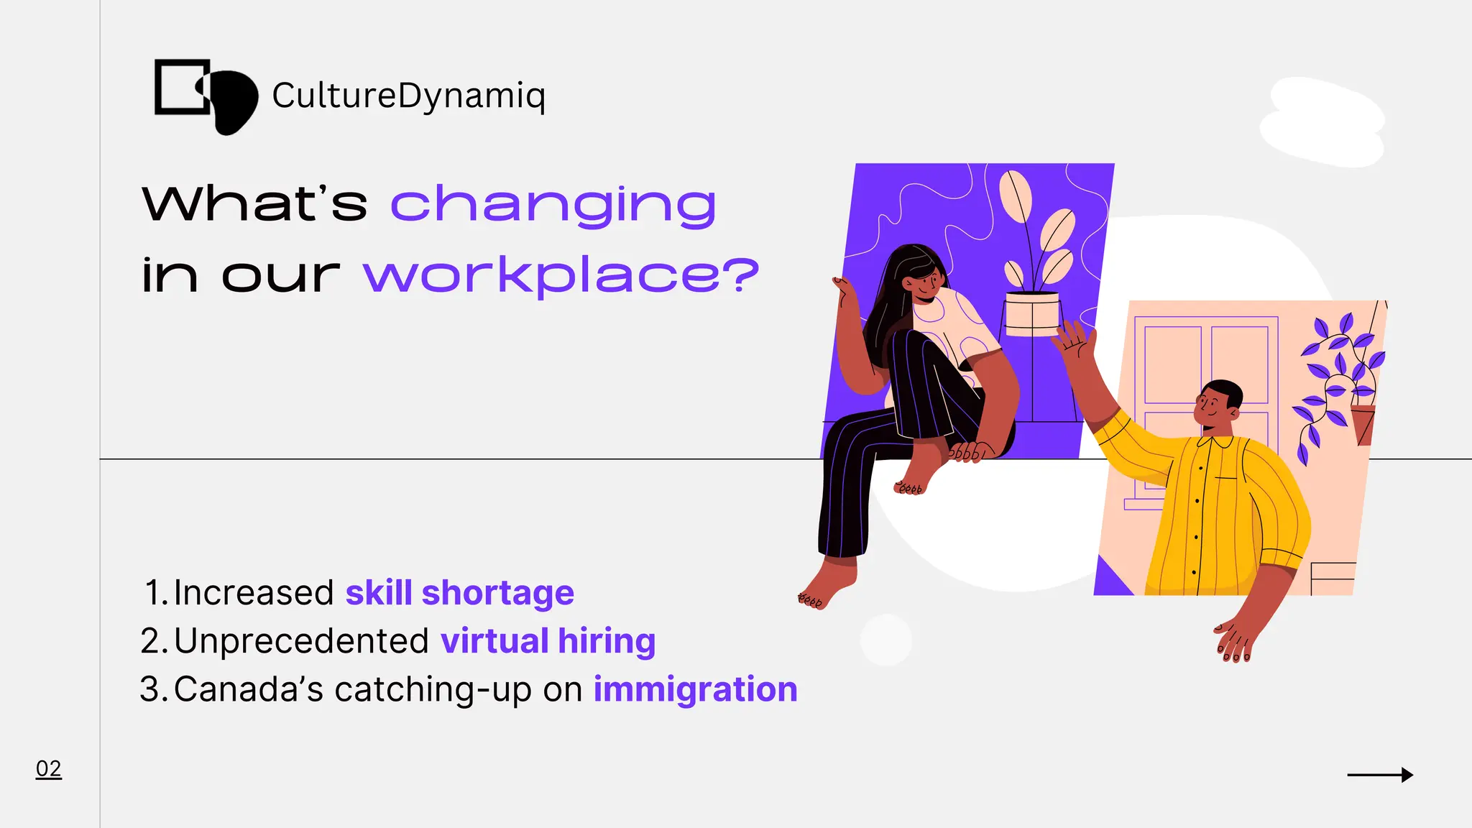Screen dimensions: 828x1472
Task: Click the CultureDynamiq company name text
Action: point(408,96)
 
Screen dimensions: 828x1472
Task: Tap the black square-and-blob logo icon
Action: point(206,96)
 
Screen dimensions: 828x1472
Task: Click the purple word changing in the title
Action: point(553,205)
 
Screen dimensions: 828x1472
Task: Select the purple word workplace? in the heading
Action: point(561,275)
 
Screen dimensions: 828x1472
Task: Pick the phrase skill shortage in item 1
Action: point(459,593)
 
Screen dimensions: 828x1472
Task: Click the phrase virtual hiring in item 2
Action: point(548,640)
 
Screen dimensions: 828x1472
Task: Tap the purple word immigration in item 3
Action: point(695,689)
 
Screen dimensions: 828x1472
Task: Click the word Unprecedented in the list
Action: point(301,640)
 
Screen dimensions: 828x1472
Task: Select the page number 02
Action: point(48,768)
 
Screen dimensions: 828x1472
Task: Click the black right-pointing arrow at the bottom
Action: point(1379,775)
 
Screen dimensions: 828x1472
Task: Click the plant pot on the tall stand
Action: point(1032,314)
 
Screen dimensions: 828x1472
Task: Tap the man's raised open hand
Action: point(1076,341)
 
